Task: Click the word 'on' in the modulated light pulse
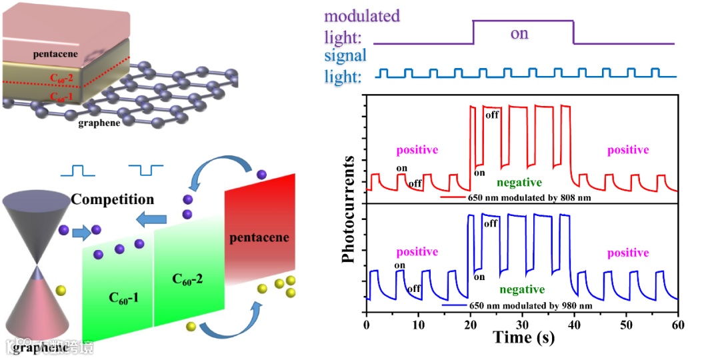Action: click(x=519, y=33)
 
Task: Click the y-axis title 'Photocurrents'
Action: click(x=349, y=209)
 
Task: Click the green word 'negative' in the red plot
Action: click(x=519, y=181)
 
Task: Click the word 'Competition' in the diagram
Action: click(x=113, y=199)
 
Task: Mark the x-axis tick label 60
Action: click(x=678, y=325)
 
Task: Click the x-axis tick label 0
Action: click(x=367, y=325)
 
